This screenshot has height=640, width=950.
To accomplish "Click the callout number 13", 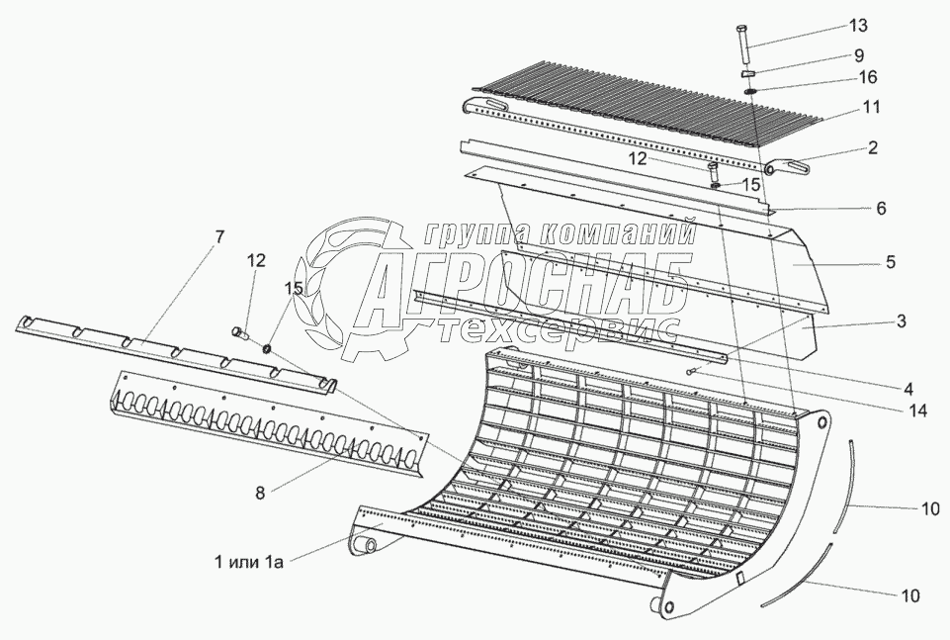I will tap(856, 25).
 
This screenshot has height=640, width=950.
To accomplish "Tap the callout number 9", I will tap(859, 54).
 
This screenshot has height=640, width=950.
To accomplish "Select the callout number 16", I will tap(867, 76).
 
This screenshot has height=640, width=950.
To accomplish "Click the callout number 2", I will tap(873, 149).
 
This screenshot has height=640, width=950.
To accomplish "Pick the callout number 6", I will tap(881, 209).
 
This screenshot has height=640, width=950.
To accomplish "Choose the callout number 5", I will tap(891, 262).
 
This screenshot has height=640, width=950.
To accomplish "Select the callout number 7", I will tap(218, 237).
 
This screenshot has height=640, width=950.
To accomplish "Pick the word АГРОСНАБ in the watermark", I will tap(524, 287).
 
